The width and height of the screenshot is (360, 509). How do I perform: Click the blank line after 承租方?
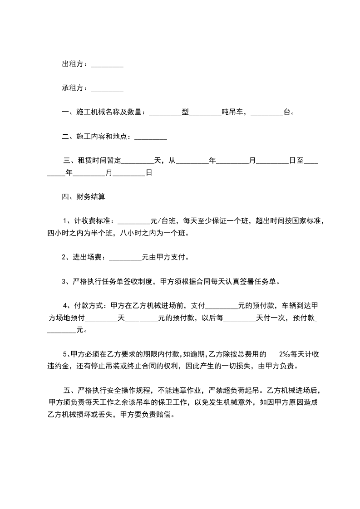(x=107, y=88)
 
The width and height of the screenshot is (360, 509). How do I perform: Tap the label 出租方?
(x=74, y=65)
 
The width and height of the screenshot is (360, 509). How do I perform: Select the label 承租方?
(x=74, y=88)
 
